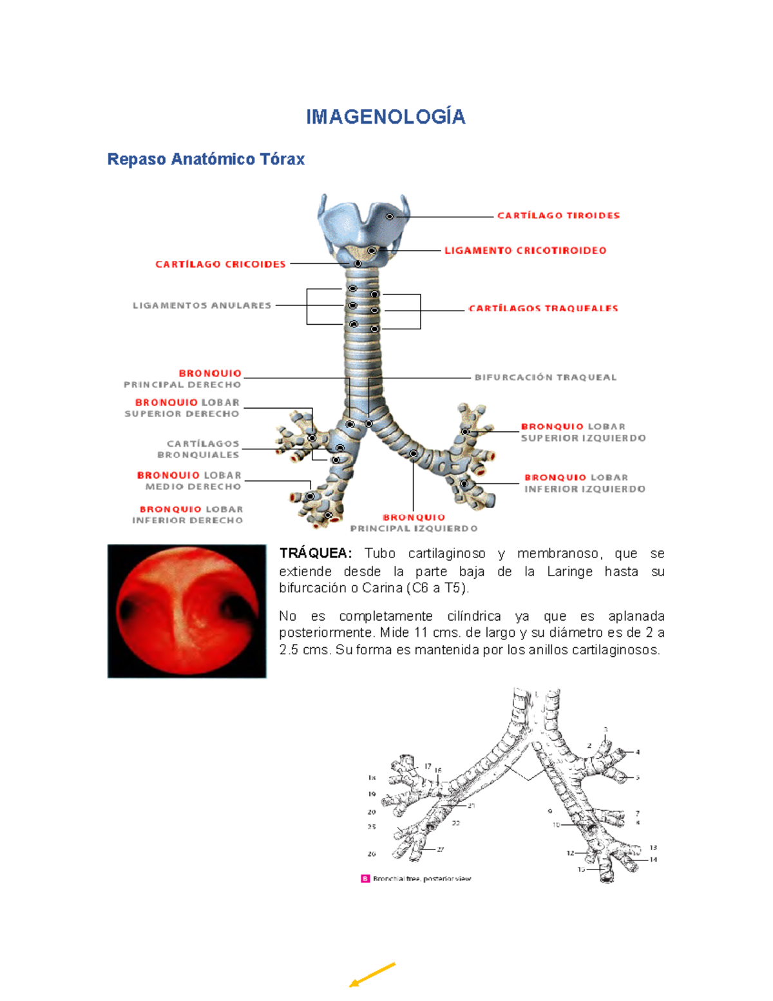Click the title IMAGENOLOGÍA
click(x=385, y=117)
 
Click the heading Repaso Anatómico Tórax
click(x=205, y=159)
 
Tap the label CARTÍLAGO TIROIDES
click(x=558, y=215)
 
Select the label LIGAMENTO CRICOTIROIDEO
click(x=525, y=251)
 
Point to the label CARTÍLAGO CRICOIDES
click(x=220, y=264)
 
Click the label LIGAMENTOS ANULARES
click(x=202, y=306)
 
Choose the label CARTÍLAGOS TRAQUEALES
click(x=543, y=309)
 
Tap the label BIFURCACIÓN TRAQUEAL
click(x=546, y=378)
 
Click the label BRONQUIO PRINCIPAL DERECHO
click(x=183, y=379)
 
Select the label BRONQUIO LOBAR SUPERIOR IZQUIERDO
click(x=582, y=432)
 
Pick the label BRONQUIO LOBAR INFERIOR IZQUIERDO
click(x=584, y=483)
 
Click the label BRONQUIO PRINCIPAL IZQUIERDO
click(x=414, y=523)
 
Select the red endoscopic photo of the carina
click(x=187, y=611)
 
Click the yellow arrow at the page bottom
click(x=372, y=974)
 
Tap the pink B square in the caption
click(x=365, y=879)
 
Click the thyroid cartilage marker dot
click(x=390, y=217)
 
